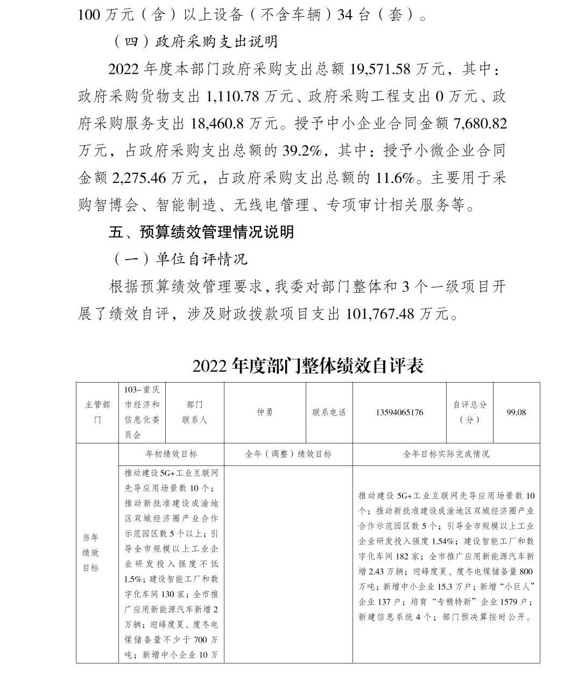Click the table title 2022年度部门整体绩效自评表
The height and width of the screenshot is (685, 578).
click(x=308, y=366)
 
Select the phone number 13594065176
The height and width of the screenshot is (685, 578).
click(x=399, y=413)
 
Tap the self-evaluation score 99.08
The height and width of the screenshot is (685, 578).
click(x=516, y=413)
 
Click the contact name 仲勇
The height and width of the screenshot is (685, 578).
click(x=264, y=413)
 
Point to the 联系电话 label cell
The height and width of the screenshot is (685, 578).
click(x=329, y=413)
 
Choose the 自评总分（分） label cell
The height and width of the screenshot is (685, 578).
click(x=469, y=412)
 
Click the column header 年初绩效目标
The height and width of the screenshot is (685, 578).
click(x=171, y=454)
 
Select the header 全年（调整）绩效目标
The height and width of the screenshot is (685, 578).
click(x=288, y=454)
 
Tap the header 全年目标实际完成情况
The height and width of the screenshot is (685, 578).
click(x=446, y=454)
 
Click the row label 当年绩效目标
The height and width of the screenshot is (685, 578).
click(x=90, y=553)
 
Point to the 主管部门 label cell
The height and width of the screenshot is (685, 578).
click(x=97, y=412)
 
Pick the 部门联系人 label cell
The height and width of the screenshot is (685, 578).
click(x=194, y=412)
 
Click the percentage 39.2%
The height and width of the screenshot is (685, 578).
click(x=302, y=151)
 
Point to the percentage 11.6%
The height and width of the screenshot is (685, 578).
click(x=394, y=178)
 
